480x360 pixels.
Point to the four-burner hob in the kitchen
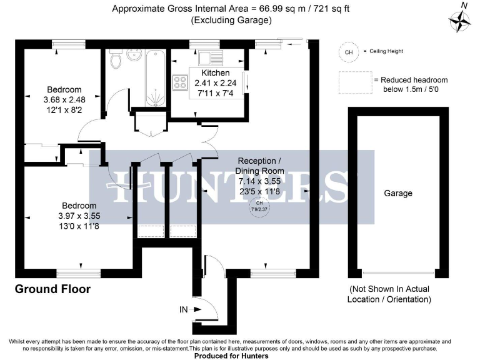[181, 83]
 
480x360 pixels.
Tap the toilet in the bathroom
[115, 60]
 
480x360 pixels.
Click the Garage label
[398, 193]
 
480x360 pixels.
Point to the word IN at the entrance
[183, 309]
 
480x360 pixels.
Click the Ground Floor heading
[53, 289]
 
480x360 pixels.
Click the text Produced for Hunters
[231, 356]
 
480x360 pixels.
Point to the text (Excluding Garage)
[231, 20]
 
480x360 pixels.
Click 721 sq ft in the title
[330, 9]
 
